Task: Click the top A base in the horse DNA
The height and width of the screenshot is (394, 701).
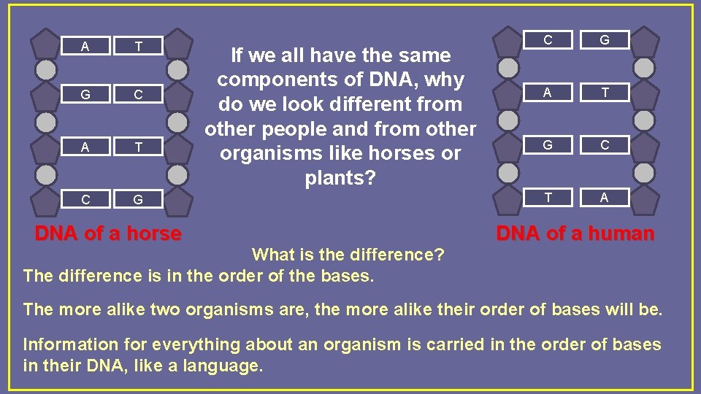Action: click(85, 47)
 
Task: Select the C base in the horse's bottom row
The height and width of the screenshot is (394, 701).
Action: click(85, 199)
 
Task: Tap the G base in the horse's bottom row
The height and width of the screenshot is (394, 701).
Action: click(137, 199)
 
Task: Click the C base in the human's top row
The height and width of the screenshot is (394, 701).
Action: click(548, 41)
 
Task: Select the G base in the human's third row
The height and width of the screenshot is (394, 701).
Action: click(548, 144)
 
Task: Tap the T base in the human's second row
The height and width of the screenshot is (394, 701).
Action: click(604, 93)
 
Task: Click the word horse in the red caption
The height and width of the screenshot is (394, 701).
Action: click(146, 233)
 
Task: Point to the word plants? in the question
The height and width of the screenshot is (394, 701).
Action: click(340, 178)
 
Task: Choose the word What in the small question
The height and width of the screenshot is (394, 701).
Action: click(272, 255)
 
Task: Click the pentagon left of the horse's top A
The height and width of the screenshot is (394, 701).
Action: click(46, 44)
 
